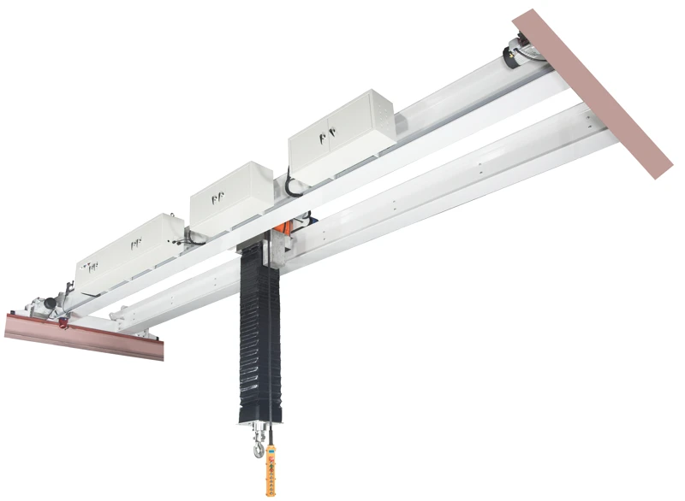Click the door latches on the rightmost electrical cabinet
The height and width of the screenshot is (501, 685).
(x=326, y=134)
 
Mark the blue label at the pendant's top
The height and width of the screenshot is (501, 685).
(x=271, y=451)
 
